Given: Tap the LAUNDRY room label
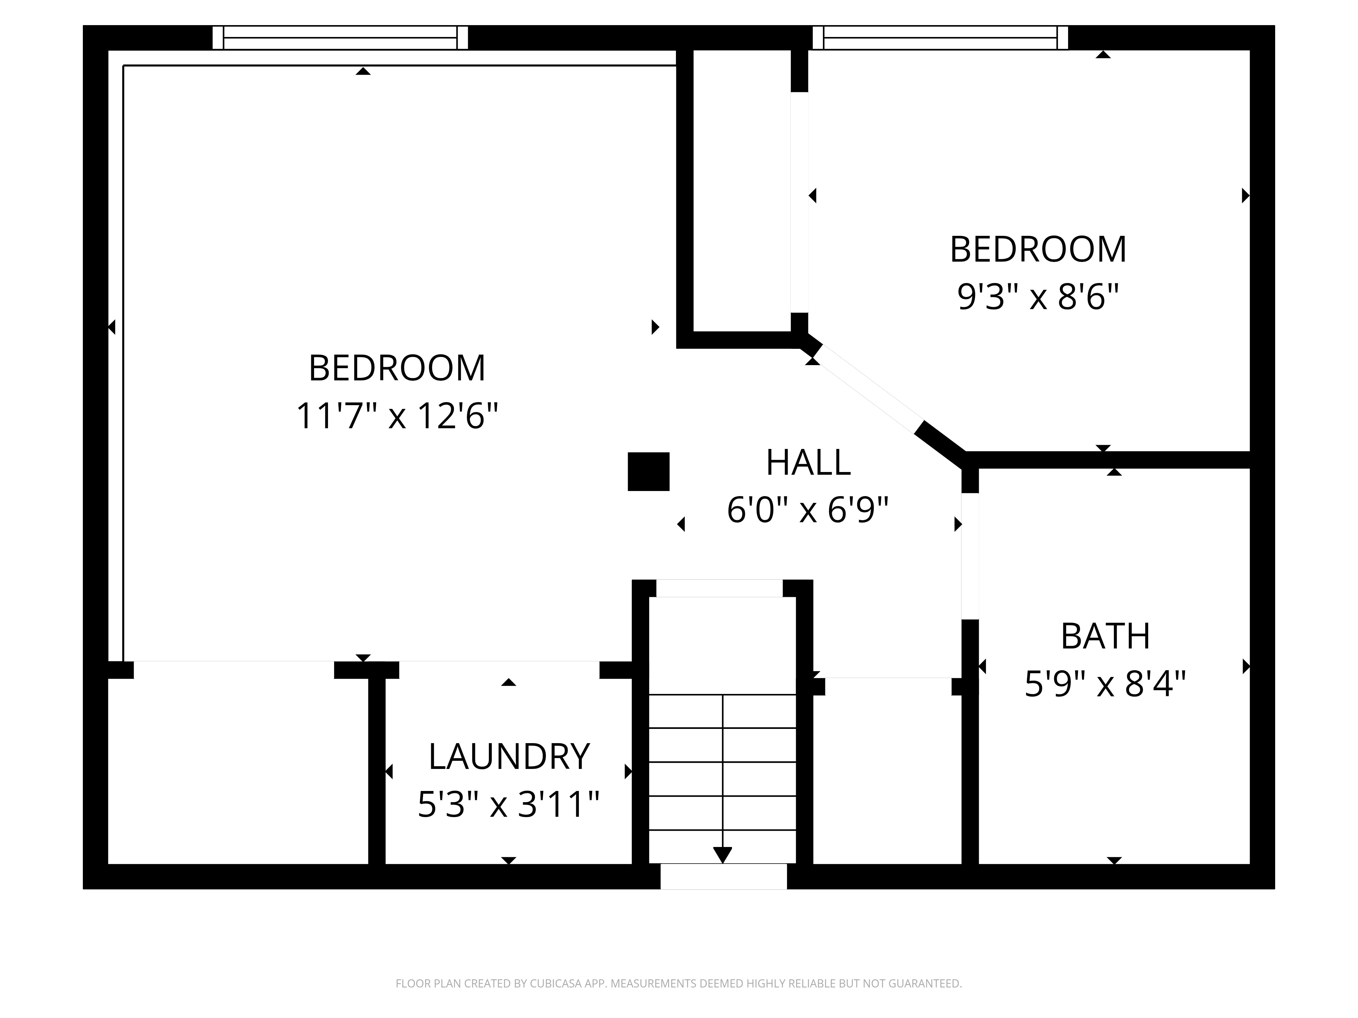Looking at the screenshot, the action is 509,757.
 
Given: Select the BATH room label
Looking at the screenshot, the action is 1105,636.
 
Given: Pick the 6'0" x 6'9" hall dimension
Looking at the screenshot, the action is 808,510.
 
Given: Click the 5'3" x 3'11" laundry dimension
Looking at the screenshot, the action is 508,805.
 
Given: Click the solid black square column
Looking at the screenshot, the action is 648,471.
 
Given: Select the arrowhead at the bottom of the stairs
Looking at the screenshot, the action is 722,855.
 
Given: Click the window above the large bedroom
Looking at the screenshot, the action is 340,37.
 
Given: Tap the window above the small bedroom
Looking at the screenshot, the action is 940,37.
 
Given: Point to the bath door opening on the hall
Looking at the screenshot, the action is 970,556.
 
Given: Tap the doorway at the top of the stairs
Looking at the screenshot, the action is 719,588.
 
